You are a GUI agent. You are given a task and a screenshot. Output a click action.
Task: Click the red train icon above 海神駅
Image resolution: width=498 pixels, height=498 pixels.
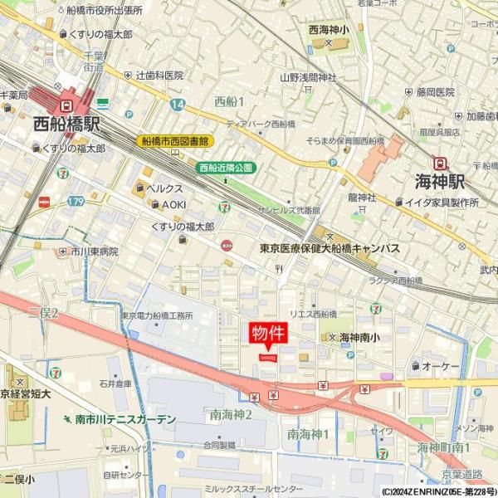[x=440, y=164]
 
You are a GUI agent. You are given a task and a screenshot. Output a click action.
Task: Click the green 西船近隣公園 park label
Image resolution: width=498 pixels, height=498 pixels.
[x=226, y=167]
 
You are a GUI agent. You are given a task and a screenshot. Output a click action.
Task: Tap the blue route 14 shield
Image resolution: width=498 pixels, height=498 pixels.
[x=178, y=105]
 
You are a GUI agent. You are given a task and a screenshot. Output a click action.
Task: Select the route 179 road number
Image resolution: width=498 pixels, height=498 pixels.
[x=76, y=201]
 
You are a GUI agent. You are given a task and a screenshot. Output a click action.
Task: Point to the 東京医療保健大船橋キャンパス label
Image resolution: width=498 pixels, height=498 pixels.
[x=330, y=248]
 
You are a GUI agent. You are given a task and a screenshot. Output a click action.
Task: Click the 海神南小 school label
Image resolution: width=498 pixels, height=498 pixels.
[x=359, y=338]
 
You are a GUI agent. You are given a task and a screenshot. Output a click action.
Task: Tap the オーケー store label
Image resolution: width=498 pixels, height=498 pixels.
[x=440, y=365]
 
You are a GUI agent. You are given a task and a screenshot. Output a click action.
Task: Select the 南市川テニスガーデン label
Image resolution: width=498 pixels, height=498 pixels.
[x=124, y=419]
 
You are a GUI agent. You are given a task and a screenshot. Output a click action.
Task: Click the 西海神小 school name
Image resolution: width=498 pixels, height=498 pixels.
[x=329, y=29]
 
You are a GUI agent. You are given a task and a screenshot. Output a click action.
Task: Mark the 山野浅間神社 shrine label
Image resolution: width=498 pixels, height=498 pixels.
[x=308, y=77]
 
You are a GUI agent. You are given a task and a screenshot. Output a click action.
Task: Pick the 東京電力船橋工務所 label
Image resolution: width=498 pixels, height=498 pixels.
[x=157, y=315]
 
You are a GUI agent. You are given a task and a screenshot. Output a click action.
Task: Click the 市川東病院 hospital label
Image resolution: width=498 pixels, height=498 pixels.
[x=94, y=251]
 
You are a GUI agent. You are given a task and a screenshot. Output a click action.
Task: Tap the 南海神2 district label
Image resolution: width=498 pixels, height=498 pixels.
[x=231, y=413]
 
